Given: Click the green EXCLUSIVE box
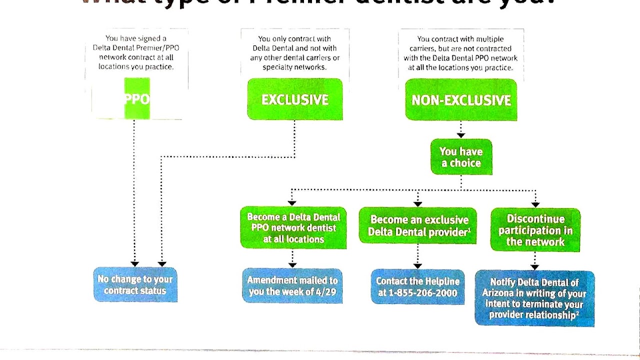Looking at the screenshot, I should pyautogui.click(x=295, y=99).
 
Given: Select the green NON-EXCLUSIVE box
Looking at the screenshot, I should pyautogui.click(x=461, y=100).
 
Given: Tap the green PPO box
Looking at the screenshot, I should pyautogui.click(x=137, y=98).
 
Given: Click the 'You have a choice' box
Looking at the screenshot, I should pyautogui.click(x=461, y=157).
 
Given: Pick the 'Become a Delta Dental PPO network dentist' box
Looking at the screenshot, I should pyautogui.click(x=293, y=228).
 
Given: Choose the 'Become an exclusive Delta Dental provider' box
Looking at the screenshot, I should pyautogui.click(x=418, y=226).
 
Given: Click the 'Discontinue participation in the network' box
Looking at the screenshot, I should pyautogui.click(x=535, y=230).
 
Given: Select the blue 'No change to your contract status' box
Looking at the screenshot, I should pyautogui.click(x=135, y=285).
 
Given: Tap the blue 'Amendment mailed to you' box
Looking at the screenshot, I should pyautogui.click(x=292, y=286).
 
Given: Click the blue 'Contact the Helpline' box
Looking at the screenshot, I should pyautogui.click(x=417, y=287).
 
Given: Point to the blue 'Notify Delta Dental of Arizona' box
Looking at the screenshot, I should pyautogui.click(x=534, y=298).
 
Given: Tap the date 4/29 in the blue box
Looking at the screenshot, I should pyautogui.click(x=327, y=292).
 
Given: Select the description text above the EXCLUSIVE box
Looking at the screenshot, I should pyautogui.click(x=295, y=53).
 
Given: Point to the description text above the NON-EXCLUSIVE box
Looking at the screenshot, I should pyautogui.click(x=460, y=53).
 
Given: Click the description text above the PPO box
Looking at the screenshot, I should pyautogui.click(x=136, y=52).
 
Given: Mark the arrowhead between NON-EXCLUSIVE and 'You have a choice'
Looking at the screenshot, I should pyautogui.click(x=461, y=135).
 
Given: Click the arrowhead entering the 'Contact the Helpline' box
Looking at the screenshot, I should pyautogui.click(x=418, y=266).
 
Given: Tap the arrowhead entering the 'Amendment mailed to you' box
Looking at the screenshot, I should pyautogui.click(x=292, y=265).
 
